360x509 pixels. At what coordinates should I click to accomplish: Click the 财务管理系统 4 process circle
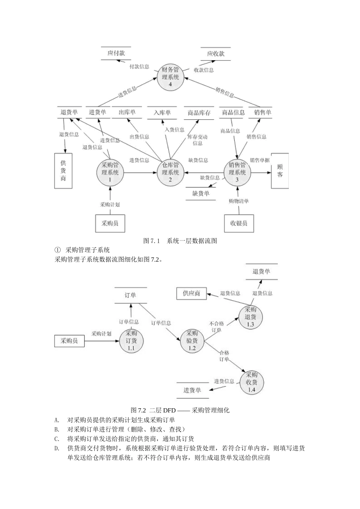coord(170,77)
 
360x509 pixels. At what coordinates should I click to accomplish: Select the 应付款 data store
coord(116,53)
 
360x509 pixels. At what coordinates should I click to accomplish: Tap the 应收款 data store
coord(216,54)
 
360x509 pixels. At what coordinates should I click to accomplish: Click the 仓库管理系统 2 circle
coord(170,173)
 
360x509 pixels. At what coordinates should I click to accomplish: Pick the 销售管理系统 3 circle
coord(237,173)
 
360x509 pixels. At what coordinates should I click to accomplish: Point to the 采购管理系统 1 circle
coord(110,173)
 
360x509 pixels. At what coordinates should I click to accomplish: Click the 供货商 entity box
coord(63,170)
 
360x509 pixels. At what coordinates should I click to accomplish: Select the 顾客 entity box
coord(280,171)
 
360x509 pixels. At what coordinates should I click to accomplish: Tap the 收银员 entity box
coord(238,223)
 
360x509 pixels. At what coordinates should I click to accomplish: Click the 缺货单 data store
coord(200,194)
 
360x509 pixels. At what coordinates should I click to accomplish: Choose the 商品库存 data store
coord(199,113)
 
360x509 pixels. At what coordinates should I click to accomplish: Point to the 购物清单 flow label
coord(238,201)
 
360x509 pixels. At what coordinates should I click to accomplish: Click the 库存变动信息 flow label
coord(197,140)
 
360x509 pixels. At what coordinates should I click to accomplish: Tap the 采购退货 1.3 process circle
coord(250,317)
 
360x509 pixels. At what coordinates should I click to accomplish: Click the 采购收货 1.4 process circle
coord(251,382)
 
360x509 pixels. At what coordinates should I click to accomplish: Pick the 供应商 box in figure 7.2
coord(192,293)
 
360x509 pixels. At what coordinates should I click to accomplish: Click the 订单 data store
coord(130,295)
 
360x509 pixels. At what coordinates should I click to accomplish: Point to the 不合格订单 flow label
coord(216,327)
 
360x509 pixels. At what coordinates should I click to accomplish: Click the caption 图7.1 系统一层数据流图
coord(180,241)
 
